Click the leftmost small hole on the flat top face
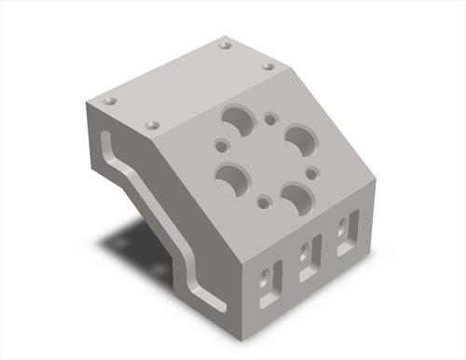click(109, 100)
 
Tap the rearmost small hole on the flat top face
click(225, 44)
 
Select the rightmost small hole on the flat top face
click(267, 66)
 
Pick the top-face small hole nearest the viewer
click(153, 124)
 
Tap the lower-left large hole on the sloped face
click(233, 176)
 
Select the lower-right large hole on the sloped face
click(296, 197)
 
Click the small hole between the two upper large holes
click(271, 119)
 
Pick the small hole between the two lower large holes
click(265, 200)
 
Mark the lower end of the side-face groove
click(220, 307)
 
